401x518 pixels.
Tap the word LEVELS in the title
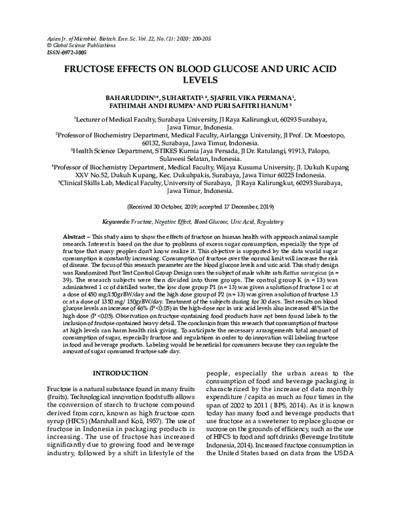[x=200, y=83]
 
